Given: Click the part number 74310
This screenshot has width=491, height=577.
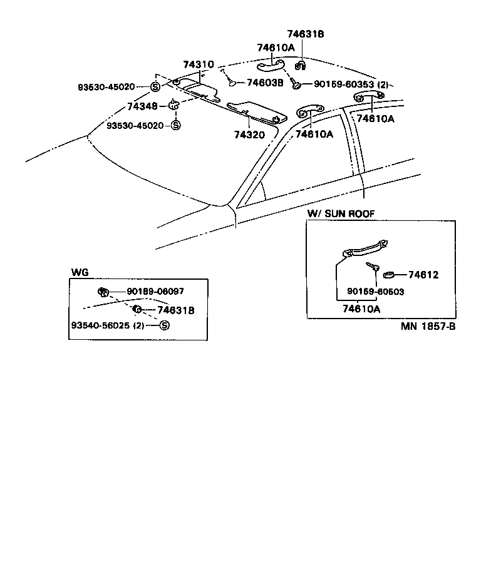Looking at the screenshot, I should tap(199, 64).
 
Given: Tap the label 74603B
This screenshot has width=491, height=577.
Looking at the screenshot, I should tap(265, 82).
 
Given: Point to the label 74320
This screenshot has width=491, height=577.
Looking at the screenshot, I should tap(250, 134).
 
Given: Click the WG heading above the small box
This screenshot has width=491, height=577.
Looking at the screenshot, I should tap(80, 272).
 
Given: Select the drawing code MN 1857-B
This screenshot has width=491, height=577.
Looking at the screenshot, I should tap(428, 327).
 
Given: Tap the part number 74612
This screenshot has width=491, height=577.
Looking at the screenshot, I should tap(423, 275).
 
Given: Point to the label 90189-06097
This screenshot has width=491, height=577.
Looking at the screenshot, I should tap(155, 291).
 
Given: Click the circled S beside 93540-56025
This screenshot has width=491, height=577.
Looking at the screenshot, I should tap(164, 325).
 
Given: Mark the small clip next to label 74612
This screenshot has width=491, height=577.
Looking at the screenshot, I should tap(389, 273).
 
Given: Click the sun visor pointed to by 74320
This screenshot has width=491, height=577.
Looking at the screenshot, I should tap(257, 113).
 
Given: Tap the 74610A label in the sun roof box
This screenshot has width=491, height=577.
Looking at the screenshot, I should tap(361, 308).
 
